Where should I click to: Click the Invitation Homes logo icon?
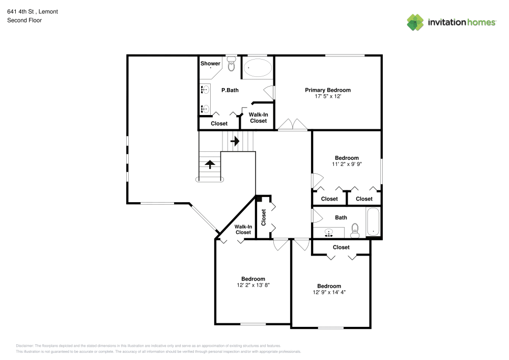(x=415, y=22)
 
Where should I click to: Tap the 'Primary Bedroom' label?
(x=328, y=90)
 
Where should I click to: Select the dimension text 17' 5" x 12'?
(x=328, y=96)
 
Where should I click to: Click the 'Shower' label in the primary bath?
(x=210, y=64)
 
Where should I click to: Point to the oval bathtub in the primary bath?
(x=258, y=68)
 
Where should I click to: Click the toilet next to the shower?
(x=232, y=65)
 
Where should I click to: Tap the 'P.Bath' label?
(x=230, y=90)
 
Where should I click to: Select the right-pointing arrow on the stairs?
(x=235, y=140)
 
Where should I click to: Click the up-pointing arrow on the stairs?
(x=210, y=164)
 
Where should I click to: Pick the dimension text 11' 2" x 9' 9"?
(x=347, y=164)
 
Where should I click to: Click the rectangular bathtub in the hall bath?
(x=374, y=223)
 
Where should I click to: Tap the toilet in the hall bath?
(x=356, y=231)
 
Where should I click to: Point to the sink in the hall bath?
(x=329, y=233)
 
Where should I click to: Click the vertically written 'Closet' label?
(x=264, y=217)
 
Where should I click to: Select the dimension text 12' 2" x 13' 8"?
(x=253, y=285)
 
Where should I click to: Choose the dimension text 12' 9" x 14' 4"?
(x=329, y=292)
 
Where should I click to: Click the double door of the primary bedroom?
(x=292, y=125)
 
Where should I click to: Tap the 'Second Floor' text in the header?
(x=24, y=20)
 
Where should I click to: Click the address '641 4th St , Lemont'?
(x=32, y=11)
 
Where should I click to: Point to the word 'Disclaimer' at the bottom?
(x=25, y=345)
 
